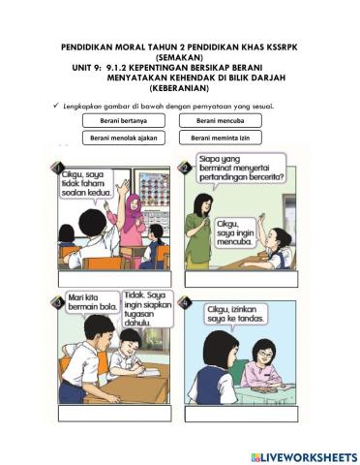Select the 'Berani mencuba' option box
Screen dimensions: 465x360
click(x=220, y=121)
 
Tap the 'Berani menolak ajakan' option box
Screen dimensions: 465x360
click(x=123, y=139)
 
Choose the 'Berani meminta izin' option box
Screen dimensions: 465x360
click(x=220, y=139)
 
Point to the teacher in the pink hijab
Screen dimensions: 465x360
click(x=131, y=218)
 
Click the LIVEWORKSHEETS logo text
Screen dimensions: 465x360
click(x=304, y=456)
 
